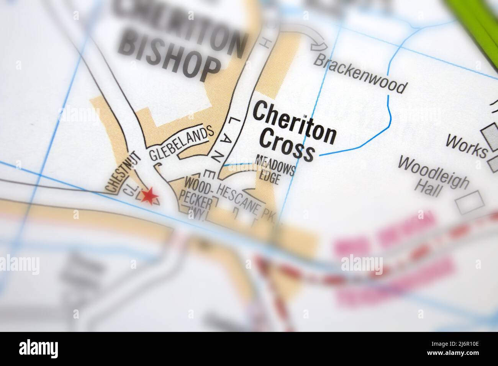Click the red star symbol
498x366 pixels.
149,196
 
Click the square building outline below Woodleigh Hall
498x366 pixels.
470,202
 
